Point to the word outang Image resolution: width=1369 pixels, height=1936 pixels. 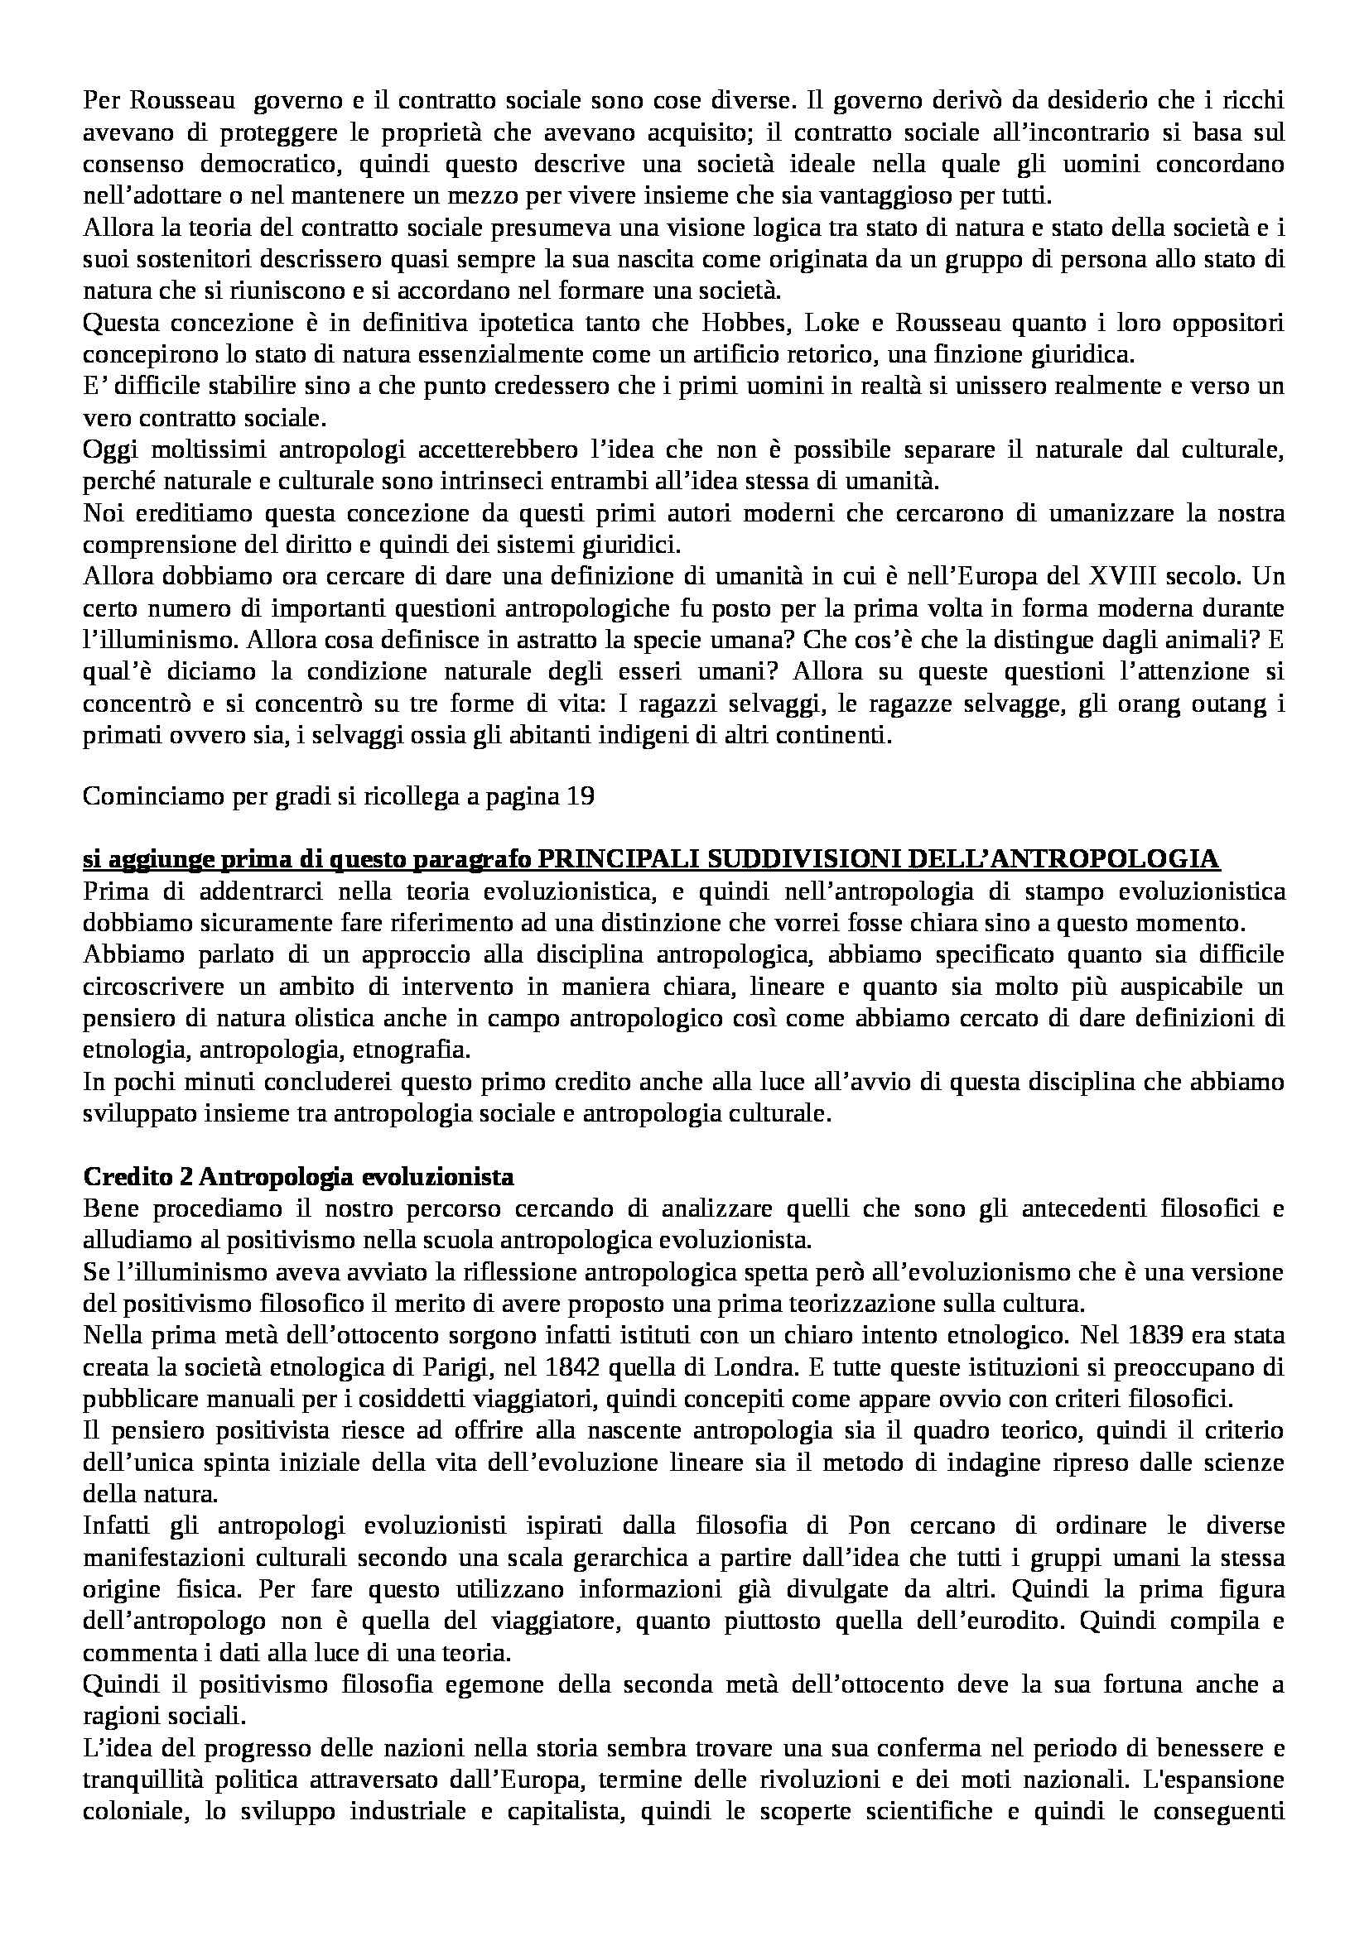1215,704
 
